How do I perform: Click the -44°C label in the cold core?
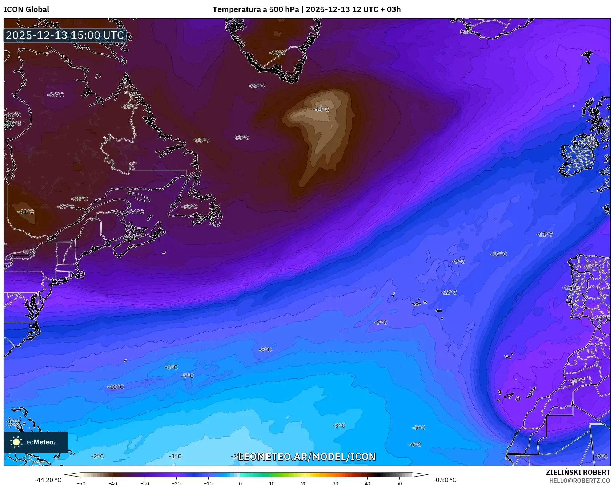[x=321, y=109]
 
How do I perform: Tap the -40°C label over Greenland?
[x=277, y=53]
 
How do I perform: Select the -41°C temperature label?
[x=26, y=211]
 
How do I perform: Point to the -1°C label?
[x=175, y=456]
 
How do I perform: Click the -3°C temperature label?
[x=339, y=425]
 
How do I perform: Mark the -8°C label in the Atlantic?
[x=265, y=349]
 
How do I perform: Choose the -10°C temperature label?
[x=116, y=387]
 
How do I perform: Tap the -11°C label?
[x=545, y=234]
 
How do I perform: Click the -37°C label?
[x=66, y=206]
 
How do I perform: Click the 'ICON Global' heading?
[x=26, y=9]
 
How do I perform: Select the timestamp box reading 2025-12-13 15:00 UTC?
[x=65, y=35]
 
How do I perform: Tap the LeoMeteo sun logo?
[x=16, y=442]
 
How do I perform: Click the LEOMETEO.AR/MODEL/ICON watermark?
[x=306, y=457]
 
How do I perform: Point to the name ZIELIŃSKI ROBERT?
[x=578, y=472]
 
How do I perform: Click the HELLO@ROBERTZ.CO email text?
[x=579, y=481]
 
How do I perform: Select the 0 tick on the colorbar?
[x=240, y=483]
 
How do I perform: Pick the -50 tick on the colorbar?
[x=81, y=483]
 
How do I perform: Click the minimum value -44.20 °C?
[x=48, y=480]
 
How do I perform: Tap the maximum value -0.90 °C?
[x=445, y=480]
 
